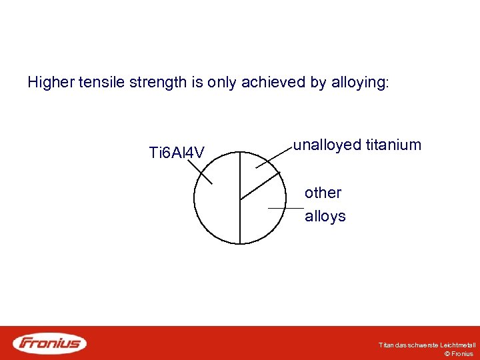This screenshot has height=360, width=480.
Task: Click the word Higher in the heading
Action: coord(51,83)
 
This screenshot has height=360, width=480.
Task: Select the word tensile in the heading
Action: coord(99,83)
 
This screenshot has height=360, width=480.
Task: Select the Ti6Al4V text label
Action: coord(177,154)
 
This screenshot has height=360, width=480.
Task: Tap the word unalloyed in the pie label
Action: coord(327,145)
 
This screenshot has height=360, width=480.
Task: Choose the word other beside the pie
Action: coord(323,193)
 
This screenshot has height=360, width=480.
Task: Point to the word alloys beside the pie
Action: coord(325,216)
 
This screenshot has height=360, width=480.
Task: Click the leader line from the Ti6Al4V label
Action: coord(200,171)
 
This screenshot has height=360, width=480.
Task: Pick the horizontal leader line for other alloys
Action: coord(285,209)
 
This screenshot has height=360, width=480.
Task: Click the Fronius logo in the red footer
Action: coord(50,343)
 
